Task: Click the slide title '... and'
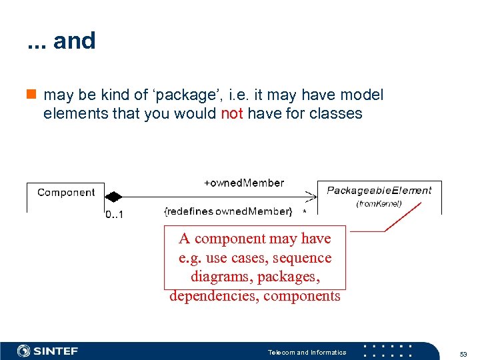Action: click(x=61, y=41)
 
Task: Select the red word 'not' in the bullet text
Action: click(x=231, y=113)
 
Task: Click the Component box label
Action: click(x=66, y=193)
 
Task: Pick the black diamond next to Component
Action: click(x=114, y=197)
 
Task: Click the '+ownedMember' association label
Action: click(x=243, y=183)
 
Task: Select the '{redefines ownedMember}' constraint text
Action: click(x=228, y=211)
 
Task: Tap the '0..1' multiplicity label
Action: click(x=115, y=215)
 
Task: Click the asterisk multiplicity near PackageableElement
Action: click(x=305, y=212)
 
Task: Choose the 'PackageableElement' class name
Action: click(x=379, y=190)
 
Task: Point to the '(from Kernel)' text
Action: click(x=379, y=203)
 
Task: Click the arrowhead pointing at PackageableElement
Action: click(x=311, y=197)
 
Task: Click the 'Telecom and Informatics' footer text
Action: click(x=307, y=352)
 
